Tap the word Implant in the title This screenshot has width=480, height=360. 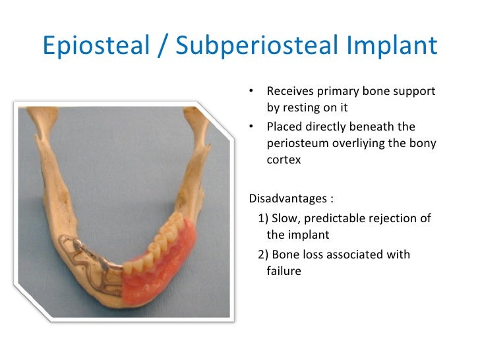(x=398, y=45)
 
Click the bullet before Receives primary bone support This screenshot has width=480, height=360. (x=252, y=91)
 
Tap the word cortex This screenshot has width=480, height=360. (x=284, y=160)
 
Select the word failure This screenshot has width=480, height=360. (x=284, y=270)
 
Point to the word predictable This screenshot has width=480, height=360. (x=330, y=218)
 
